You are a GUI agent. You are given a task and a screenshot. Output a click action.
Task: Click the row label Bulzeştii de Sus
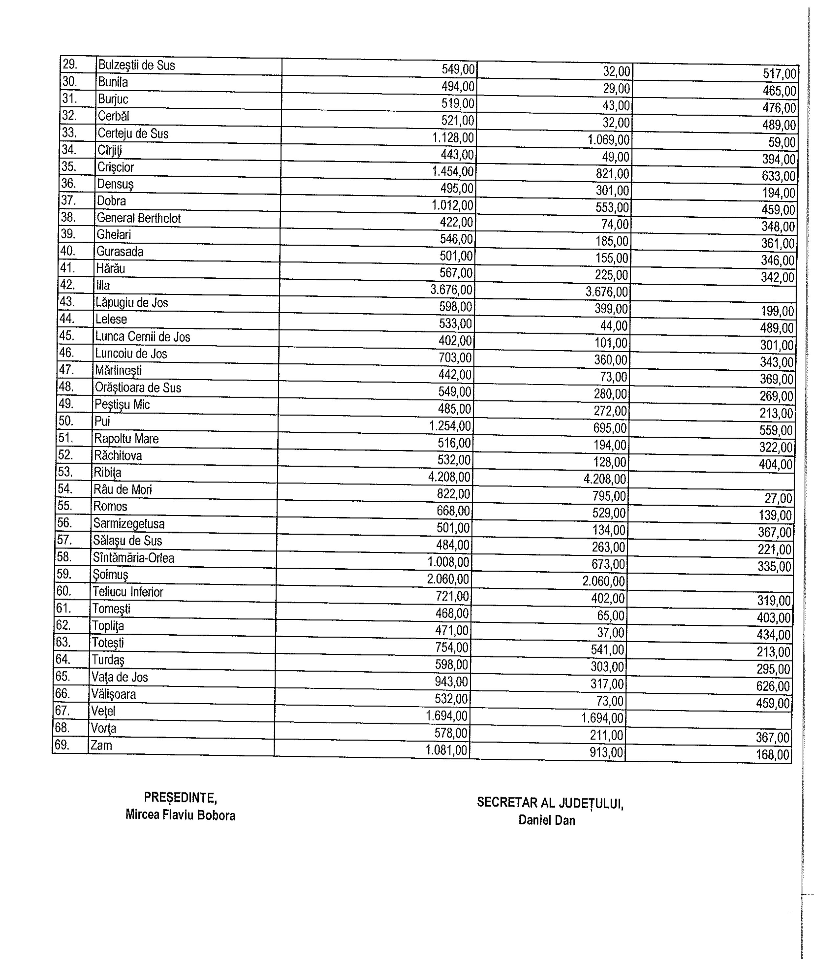[x=136, y=65]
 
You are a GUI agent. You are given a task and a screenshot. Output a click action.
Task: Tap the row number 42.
[x=67, y=284]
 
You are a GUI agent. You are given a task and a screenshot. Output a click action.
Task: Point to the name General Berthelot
[x=138, y=218]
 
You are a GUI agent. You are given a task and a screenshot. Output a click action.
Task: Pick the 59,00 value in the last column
[x=782, y=142]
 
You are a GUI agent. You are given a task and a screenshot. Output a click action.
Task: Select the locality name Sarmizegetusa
[x=129, y=523]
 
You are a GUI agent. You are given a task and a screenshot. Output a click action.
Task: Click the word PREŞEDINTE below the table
[x=180, y=797]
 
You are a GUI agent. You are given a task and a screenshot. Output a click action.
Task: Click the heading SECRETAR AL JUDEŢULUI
[x=550, y=802]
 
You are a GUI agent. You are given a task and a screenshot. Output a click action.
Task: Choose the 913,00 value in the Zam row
[x=606, y=752]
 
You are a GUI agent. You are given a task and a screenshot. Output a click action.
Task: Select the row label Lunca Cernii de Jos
[x=143, y=337]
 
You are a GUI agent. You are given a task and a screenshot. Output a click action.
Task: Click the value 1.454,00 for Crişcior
[x=452, y=172]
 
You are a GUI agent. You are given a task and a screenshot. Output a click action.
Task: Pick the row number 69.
[x=62, y=745]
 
